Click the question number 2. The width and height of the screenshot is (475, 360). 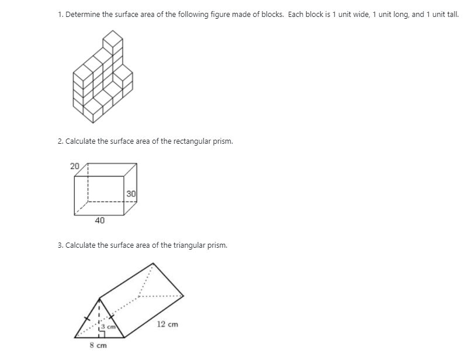pyautogui.click(x=60, y=141)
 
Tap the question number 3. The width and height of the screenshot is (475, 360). pyautogui.click(x=60, y=245)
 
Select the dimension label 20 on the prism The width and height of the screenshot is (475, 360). pyautogui.click(x=75, y=166)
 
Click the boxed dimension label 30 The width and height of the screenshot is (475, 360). pyautogui.click(x=131, y=193)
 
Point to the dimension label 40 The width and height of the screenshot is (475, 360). pyautogui.click(x=100, y=220)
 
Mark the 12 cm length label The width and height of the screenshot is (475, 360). pyautogui.click(x=168, y=324)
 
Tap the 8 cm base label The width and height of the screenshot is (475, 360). pyautogui.click(x=97, y=346)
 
